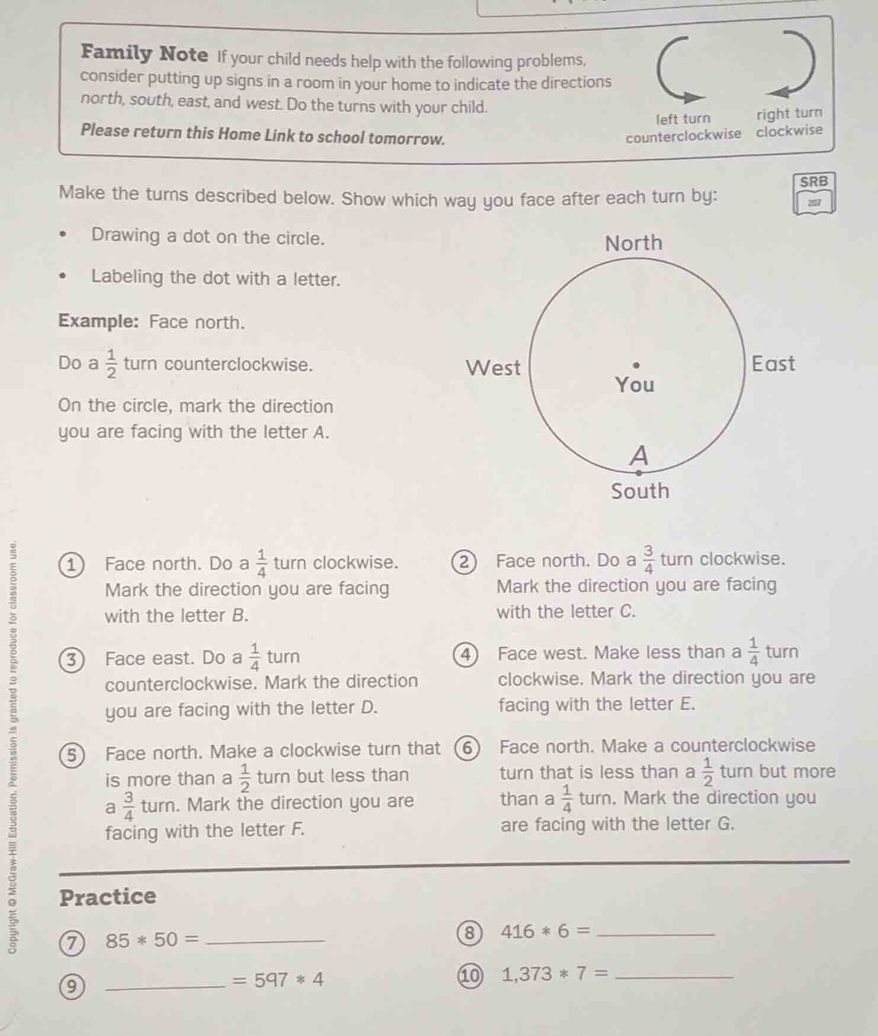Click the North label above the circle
[x=633, y=243]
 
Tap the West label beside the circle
[x=493, y=368]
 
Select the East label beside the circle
[x=773, y=364]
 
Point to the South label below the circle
[x=640, y=491]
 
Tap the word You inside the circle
[x=635, y=385]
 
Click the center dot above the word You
[x=637, y=366]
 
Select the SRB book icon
[x=814, y=193]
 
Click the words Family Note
[x=145, y=54]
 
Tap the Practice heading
[x=108, y=896]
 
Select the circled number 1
[x=72, y=565]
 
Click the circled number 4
[x=466, y=655]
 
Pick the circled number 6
[x=467, y=748]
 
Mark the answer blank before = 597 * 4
[x=165, y=982]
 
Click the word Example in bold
[x=98, y=321]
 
